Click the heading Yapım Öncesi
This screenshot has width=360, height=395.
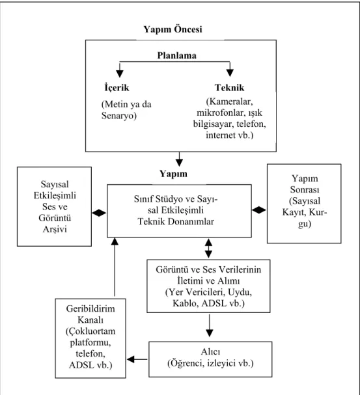(173, 29)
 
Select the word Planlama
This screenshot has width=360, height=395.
(177, 55)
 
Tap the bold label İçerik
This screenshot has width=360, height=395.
(117, 87)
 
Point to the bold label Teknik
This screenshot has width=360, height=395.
(230, 88)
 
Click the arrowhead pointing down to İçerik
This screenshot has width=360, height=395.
(120, 74)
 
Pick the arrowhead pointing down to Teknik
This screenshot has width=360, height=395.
(230, 73)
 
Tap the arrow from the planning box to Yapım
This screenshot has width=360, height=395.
(179, 159)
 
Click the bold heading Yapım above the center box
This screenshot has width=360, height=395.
(173, 174)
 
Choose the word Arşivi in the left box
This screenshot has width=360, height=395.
(55, 229)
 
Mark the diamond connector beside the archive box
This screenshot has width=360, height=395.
(99, 213)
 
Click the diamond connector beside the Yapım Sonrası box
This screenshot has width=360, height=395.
(259, 210)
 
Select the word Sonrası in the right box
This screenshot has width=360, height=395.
(305, 189)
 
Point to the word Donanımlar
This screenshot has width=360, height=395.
(191, 221)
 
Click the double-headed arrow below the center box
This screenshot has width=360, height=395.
(208, 249)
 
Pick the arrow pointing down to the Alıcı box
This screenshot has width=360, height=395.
(210, 325)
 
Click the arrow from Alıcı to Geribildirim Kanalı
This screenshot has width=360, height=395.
(137, 359)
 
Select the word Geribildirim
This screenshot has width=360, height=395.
(90, 309)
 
